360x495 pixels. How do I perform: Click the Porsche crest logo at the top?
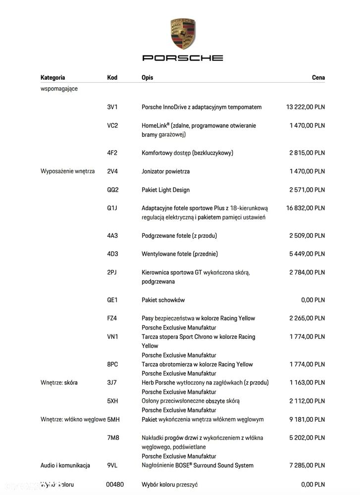click(183, 34)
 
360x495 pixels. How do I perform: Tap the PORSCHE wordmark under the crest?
click(183, 58)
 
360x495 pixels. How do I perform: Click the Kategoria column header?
click(52, 78)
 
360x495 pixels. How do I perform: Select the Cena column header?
click(318, 78)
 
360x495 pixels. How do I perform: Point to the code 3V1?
click(112, 107)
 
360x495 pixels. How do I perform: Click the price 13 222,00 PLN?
click(306, 107)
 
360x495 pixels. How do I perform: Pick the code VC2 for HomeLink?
click(112, 126)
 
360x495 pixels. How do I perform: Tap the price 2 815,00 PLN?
click(307, 153)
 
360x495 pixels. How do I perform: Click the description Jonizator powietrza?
click(165, 171)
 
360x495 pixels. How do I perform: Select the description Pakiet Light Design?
click(165, 190)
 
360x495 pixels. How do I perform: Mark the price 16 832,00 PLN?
click(306, 208)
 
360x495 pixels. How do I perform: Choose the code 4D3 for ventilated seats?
click(112, 254)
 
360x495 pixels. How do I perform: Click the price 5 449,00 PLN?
click(307, 254)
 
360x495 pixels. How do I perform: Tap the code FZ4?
click(112, 319)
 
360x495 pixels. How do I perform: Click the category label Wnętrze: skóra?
click(58, 383)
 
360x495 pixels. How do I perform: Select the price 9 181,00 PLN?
click(307, 420)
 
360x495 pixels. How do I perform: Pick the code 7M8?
click(113, 438)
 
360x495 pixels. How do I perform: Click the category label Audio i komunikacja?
click(65, 466)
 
